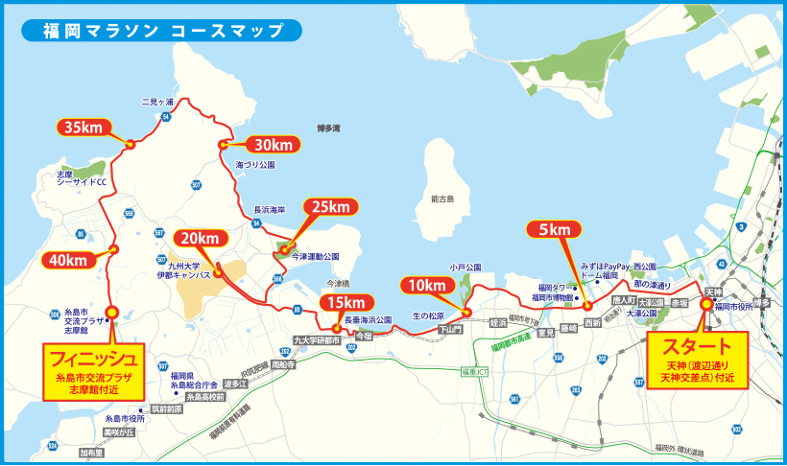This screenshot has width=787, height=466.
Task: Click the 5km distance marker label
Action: [555, 229]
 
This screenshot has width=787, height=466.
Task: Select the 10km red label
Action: [425, 286]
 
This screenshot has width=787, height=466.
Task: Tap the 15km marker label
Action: [346, 304]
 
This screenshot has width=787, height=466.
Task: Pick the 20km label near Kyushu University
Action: [201, 239]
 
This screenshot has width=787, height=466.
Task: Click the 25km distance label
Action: [329, 207]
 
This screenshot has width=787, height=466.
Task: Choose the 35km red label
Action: [84, 127]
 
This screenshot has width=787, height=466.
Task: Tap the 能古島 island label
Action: [442, 199]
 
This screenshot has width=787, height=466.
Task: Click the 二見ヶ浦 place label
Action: [157, 102]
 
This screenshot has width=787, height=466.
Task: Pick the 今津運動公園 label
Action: [316, 257]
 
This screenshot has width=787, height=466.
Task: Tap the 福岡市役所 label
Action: [738, 307]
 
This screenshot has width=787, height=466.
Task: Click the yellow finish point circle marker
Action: [112, 312]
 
